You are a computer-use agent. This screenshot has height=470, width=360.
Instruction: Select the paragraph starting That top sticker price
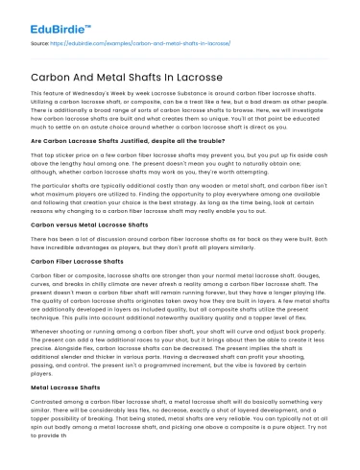coord(180,162)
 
